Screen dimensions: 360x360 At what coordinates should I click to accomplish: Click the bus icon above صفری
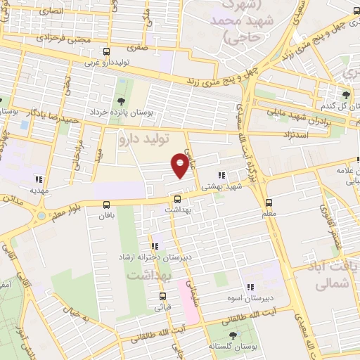(106, 51)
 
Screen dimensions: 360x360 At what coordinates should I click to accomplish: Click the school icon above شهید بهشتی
(221, 175)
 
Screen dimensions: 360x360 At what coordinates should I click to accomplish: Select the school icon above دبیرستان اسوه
(250, 286)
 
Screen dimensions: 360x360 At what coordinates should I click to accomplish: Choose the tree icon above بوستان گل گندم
(345, 94)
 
